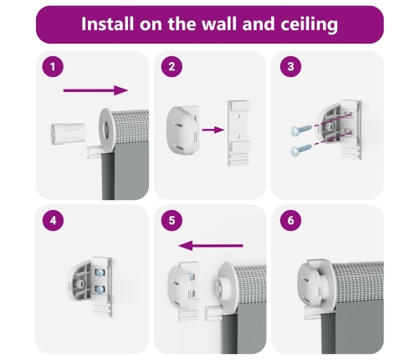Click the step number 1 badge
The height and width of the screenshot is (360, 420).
tap(53, 67)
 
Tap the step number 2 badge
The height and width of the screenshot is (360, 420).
tap(172, 67)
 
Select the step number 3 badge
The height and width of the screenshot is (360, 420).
tap(290, 67)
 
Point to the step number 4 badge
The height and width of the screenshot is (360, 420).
tap(53, 220)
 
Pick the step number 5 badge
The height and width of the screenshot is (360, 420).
tap(172, 220)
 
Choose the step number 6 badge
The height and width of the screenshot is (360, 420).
tap(290, 220)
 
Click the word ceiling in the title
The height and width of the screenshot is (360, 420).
tap(309, 24)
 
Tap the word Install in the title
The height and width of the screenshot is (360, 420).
tap(107, 23)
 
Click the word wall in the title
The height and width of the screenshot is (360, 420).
tap(219, 23)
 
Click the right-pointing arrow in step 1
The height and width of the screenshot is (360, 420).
tap(95, 90)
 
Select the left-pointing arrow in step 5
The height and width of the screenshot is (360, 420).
tap(211, 246)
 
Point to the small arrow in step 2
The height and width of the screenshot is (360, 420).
tap(213, 130)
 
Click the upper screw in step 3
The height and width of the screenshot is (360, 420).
tap(301, 131)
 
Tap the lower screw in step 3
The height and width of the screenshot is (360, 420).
tap(301, 150)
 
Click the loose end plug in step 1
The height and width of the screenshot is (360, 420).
tap(68, 134)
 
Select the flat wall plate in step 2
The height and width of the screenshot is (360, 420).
tap(239, 133)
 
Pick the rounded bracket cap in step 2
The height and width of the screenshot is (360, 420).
tap(182, 130)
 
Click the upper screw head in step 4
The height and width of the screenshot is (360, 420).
tap(100, 271)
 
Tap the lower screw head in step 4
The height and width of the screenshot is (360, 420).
tap(100, 289)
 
